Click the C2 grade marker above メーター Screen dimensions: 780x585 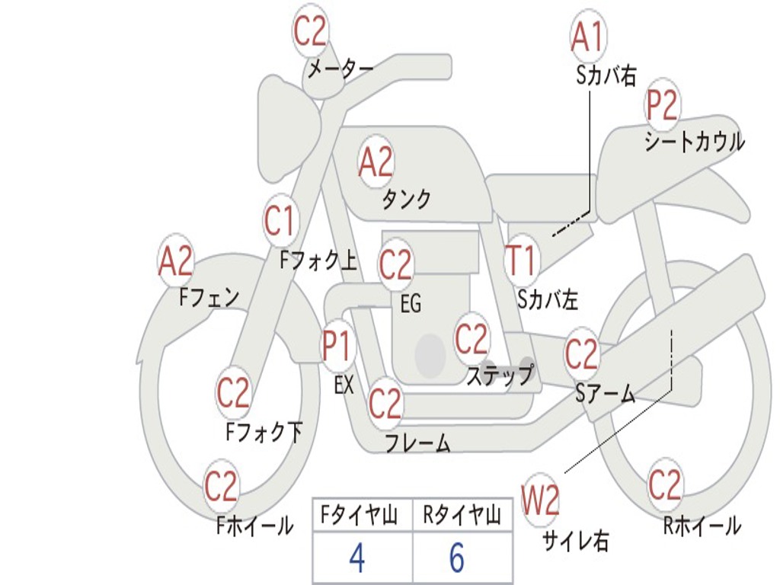(x=310, y=31)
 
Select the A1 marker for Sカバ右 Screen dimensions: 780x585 (x=588, y=37)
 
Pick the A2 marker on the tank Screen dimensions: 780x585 (x=376, y=162)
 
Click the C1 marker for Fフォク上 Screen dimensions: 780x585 (x=280, y=220)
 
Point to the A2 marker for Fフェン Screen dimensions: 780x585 (x=175, y=261)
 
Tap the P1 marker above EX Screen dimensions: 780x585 (x=337, y=346)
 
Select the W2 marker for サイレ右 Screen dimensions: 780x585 (x=540, y=500)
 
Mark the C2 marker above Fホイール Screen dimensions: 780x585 (x=222, y=486)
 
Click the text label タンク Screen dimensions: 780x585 (x=407, y=200)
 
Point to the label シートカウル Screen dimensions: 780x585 (x=695, y=142)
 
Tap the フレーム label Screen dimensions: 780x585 (x=418, y=443)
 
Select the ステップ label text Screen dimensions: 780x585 (x=500, y=375)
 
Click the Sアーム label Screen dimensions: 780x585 (x=606, y=394)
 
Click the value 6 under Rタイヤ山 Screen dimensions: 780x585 (x=457, y=557)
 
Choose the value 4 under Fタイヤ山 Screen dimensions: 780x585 (x=357, y=558)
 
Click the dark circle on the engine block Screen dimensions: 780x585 (x=430, y=356)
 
